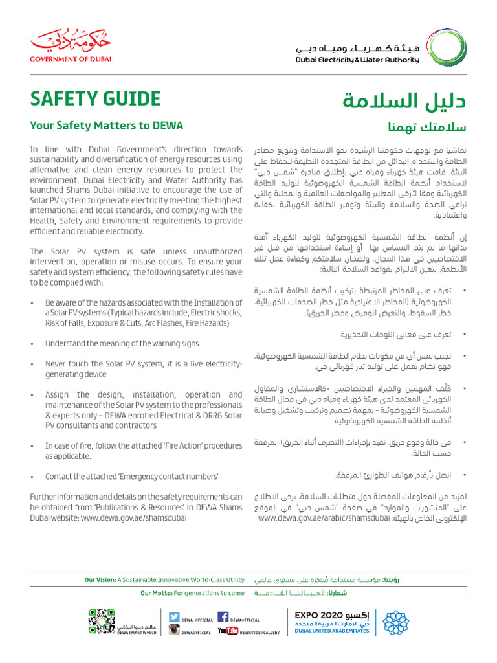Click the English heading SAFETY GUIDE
(x=95, y=98)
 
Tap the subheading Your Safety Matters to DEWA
(x=107, y=126)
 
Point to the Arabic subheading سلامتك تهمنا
(x=426, y=126)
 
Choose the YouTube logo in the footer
(x=228, y=631)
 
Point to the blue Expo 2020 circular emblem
(x=395, y=623)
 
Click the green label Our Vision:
(x=100, y=580)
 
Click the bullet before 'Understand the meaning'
(x=33, y=344)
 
